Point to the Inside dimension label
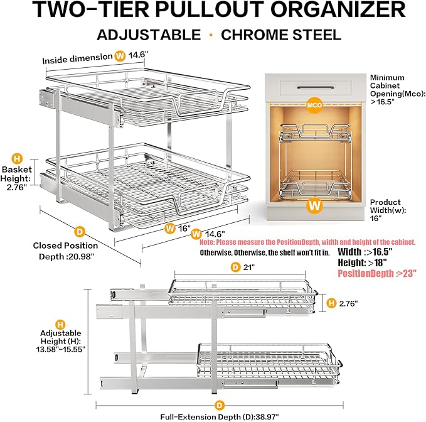[x=77, y=60]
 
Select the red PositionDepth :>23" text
[x=377, y=273]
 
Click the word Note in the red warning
[x=209, y=242]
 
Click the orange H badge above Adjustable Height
[x=60, y=325]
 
